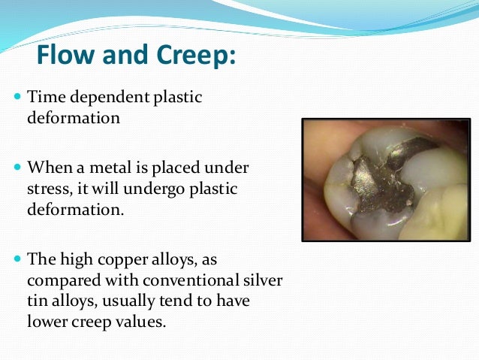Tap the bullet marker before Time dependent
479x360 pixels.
coord(17,98)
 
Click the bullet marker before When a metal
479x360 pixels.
coord(17,167)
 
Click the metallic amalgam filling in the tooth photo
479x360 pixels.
coord(375,177)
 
